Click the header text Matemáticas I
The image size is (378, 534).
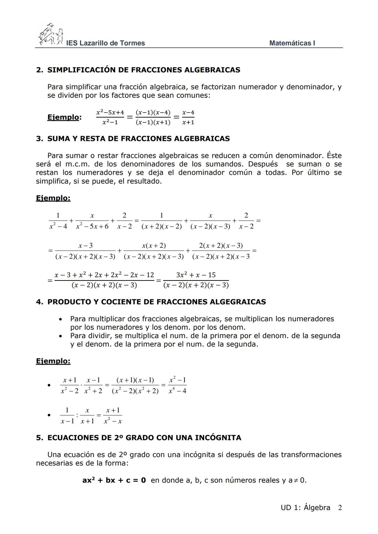pyautogui.click(x=292, y=43)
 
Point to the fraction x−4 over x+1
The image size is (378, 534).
pyautogui.click(x=188, y=117)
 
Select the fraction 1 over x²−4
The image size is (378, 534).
pyautogui.click(x=58, y=221)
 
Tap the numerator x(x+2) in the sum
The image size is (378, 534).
pyautogui.click(x=154, y=245)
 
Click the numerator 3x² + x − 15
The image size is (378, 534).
pyautogui.click(x=196, y=275)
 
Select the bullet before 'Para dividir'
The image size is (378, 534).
pyautogui.click(x=61, y=336)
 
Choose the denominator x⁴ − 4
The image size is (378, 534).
pyautogui.click(x=177, y=391)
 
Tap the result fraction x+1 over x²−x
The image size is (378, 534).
pyautogui.click(x=113, y=415)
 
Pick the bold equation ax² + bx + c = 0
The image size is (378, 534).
pyautogui.click(x=114, y=480)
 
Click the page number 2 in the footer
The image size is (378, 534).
pyautogui.click(x=339, y=507)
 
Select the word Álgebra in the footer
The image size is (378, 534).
pyautogui.click(x=317, y=507)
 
